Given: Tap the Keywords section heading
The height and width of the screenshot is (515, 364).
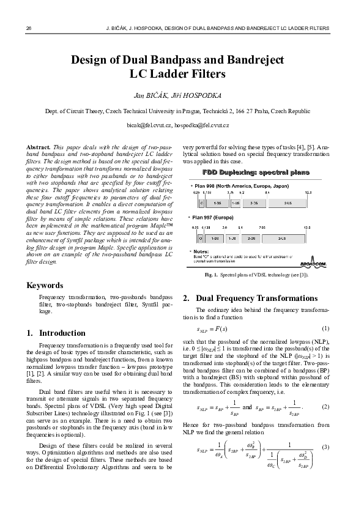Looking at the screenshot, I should pos(45,286).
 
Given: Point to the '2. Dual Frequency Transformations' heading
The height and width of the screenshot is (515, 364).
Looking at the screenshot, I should pos(250,298).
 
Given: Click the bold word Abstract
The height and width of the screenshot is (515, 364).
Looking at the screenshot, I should pos(39,148).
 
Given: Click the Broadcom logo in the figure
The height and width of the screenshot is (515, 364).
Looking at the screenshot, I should pos(314,264).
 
